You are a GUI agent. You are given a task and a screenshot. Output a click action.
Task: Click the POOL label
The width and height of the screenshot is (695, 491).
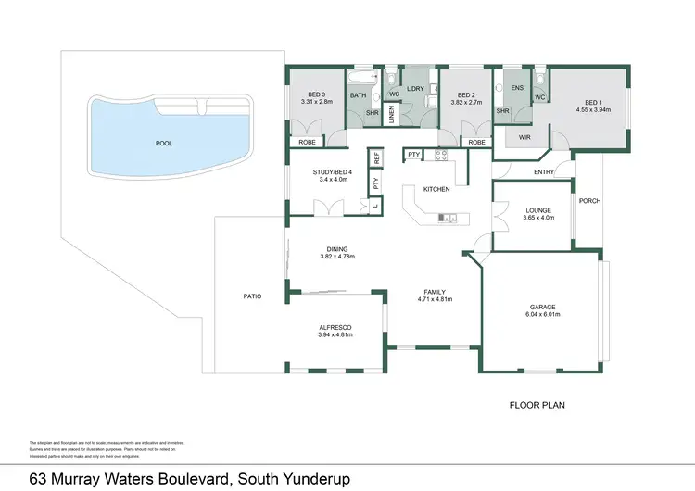[x=164, y=144]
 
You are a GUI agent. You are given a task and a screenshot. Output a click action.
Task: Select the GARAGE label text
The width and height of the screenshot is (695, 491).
[x=542, y=308]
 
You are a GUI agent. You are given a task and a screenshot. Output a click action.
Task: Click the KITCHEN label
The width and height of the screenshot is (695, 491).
[x=436, y=189]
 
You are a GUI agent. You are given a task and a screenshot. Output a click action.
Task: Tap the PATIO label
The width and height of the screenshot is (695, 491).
[x=252, y=296]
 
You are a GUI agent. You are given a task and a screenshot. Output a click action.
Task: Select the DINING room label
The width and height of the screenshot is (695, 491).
[x=336, y=248]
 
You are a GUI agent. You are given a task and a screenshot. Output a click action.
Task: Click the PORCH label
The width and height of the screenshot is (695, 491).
[x=589, y=201]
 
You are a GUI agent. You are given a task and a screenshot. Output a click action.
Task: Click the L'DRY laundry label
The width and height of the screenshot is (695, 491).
[x=414, y=88]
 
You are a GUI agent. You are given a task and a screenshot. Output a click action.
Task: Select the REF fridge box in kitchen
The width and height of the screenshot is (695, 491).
[x=376, y=158]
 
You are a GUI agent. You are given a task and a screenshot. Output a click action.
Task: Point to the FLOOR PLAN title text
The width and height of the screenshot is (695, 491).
[x=537, y=405]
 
